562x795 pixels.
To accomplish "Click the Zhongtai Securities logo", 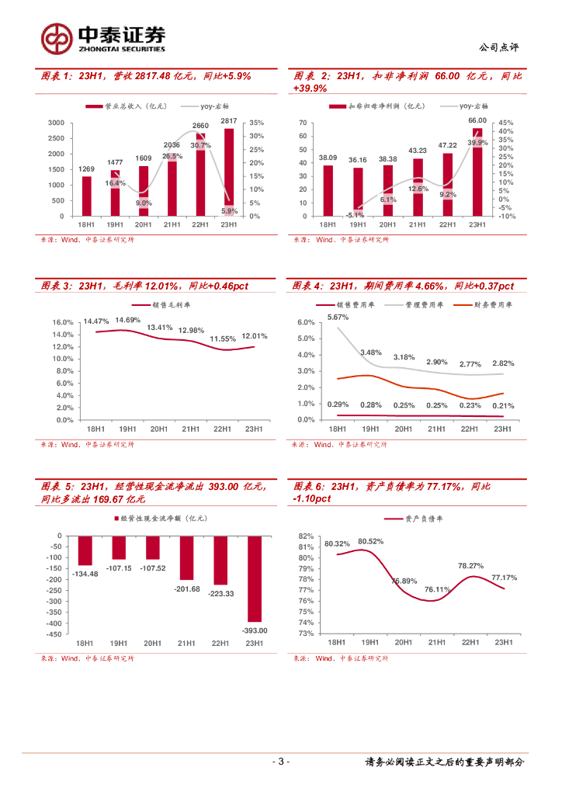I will point(103,36).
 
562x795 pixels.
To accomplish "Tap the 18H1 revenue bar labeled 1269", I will point(87,196).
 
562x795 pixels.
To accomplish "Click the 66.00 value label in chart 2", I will point(477,120).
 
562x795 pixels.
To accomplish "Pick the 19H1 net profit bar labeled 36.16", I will point(358,192).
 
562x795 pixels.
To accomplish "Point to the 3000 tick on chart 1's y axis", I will point(56,123).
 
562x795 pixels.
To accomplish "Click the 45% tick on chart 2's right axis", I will point(505,123).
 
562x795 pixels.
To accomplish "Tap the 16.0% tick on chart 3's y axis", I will point(63,322).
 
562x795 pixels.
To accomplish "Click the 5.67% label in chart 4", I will point(338,317).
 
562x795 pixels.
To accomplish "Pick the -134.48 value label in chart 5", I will point(85,574).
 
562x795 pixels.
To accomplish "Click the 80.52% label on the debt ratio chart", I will point(371,541).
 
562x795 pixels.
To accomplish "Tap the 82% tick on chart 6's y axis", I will point(306,536).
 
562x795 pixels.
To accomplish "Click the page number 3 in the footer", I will point(282,762).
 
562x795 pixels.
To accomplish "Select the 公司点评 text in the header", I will point(499,47).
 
